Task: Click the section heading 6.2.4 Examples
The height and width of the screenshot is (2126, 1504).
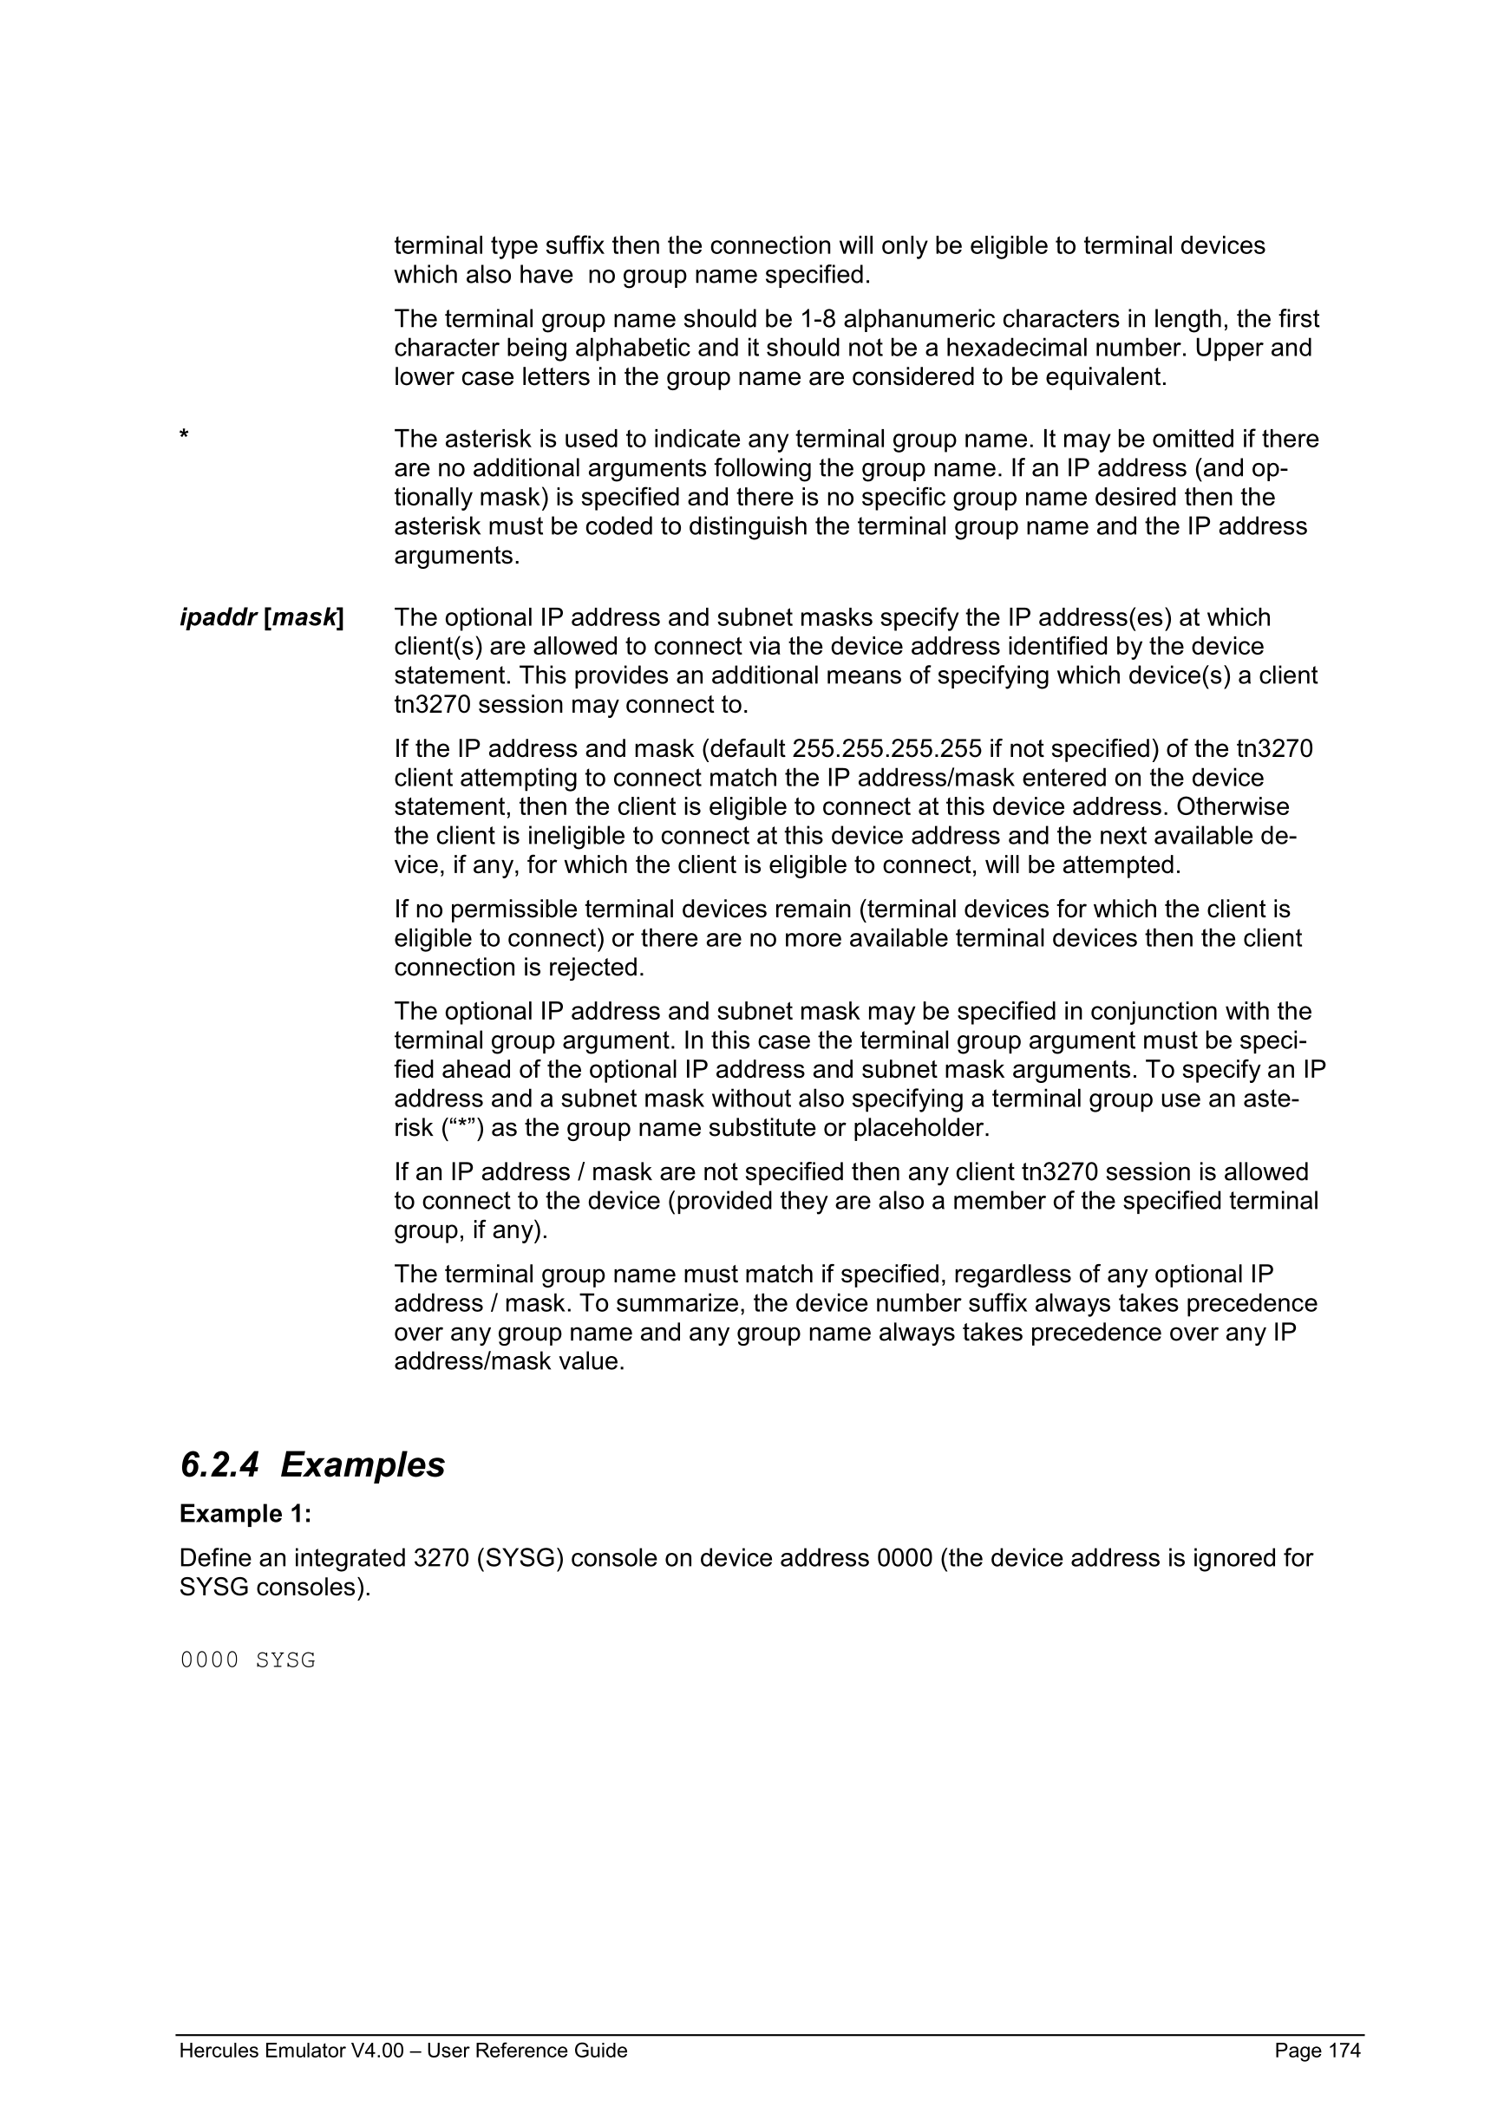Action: pos(312,1464)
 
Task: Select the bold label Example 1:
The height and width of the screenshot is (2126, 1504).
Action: pos(245,1514)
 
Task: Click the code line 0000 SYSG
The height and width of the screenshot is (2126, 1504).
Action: pos(247,1660)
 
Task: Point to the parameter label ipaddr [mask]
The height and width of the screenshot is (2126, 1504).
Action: pos(261,617)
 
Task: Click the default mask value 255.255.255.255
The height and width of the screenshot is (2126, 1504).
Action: pos(886,748)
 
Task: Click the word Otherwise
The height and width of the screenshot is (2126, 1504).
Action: pos(1233,806)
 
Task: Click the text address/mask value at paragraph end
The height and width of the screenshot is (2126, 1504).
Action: pos(509,1362)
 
